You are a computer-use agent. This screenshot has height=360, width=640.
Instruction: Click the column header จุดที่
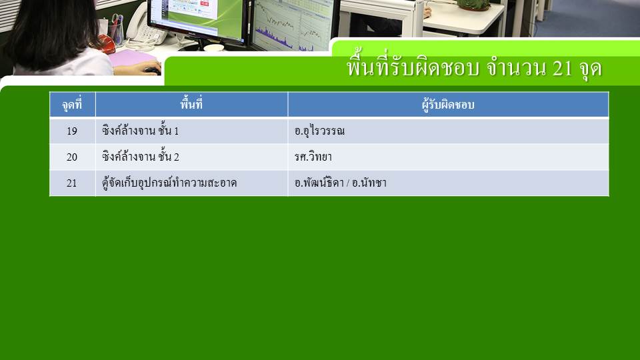tap(72, 105)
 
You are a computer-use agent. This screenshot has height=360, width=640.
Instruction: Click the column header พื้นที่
tap(191, 104)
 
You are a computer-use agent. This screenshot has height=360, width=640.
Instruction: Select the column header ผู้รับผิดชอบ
tap(448, 105)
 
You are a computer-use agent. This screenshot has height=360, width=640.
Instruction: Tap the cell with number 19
tap(72, 131)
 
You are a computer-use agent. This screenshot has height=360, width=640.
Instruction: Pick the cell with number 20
tap(72, 157)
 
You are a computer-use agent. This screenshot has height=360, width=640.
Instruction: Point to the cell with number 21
tap(72, 183)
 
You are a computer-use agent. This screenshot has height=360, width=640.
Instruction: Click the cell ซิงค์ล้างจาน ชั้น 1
tap(141, 130)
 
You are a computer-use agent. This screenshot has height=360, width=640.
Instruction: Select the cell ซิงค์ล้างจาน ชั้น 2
tap(141, 156)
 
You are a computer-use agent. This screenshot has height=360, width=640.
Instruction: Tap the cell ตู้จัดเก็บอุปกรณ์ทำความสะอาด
tap(169, 183)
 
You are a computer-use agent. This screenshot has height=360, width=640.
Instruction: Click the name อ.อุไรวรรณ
tap(319, 131)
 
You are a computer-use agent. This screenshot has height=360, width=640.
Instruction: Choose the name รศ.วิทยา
tap(313, 157)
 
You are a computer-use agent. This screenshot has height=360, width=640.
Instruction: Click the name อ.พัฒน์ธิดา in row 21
tap(319, 183)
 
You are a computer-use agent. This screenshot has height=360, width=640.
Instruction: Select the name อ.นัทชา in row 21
tap(369, 183)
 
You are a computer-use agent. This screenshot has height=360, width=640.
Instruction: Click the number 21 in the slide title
tap(563, 68)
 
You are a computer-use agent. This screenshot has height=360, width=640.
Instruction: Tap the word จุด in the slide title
tap(590, 69)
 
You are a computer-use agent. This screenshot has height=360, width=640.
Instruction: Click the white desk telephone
tap(144, 27)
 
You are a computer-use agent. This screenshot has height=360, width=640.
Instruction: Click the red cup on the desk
tap(107, 44)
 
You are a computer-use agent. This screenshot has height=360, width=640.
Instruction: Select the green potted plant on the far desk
tap(473, 5)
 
